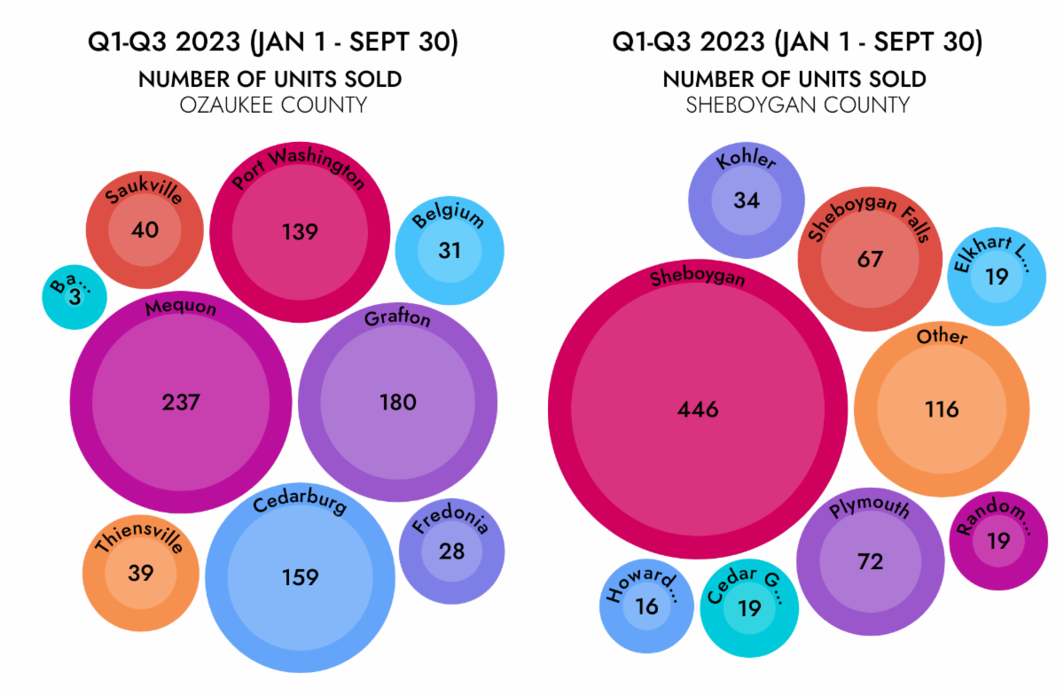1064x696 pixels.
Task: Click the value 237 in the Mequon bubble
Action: pos(181,403)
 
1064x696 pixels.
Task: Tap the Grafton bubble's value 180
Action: pos(397,403)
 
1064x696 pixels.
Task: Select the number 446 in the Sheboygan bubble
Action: pos(698,410)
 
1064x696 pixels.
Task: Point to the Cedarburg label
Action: pos(300,510)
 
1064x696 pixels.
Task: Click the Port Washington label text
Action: pos(299,166)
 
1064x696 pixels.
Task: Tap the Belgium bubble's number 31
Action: pos(450,251)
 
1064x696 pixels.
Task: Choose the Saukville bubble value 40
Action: pos(145,231)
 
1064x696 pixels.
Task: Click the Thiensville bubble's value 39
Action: pos(140,573)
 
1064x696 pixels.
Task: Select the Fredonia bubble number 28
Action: pos(451,551)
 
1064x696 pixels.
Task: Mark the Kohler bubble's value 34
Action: pos(747,200)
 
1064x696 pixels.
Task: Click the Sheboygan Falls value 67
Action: pos(870,260)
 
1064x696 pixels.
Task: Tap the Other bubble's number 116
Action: pos(942,410)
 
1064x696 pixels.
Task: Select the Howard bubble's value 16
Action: pos(646,606)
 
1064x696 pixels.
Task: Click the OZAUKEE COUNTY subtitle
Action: pos(273,106)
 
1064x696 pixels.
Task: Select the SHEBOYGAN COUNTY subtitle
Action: pos(797,106)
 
